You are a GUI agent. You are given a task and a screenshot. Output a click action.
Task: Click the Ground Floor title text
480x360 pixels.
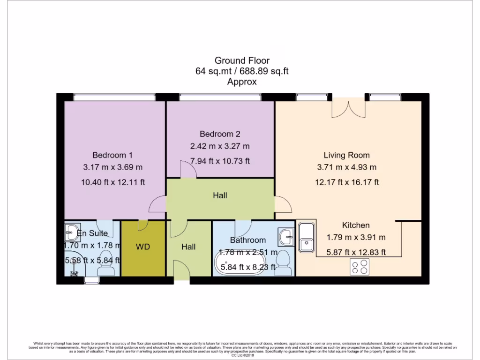click(242, 60)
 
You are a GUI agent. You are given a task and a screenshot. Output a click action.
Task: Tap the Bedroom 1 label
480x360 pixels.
click(112, 155)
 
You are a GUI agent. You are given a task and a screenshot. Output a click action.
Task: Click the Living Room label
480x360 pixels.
click(346, 155)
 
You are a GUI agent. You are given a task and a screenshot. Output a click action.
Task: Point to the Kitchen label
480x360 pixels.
click(356, 225)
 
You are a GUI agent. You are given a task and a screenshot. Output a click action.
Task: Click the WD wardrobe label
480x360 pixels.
click(143, 247)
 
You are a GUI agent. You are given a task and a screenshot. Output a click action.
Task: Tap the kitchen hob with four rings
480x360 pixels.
click(360, 267)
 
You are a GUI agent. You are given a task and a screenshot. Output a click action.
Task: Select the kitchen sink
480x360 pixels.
click(307, 237)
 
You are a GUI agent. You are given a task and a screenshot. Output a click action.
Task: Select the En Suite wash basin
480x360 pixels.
click(72, 231)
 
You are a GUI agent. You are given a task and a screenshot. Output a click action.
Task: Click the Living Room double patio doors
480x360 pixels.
click(348, 109)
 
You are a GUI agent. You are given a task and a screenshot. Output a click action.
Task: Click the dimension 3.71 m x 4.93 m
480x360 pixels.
click(346, 167)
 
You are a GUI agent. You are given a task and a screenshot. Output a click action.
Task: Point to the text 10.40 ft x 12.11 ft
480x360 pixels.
click(112, 182)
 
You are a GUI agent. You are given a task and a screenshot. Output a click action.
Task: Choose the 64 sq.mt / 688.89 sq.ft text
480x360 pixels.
click(242, 71)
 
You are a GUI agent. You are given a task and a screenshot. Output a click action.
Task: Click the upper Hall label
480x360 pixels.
click(220, 195)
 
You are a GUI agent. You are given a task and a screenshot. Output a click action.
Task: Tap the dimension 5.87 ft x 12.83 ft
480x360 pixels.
click(356, 252)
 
